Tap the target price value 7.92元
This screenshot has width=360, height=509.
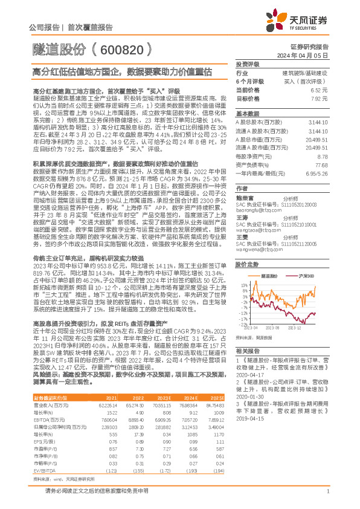(x=320, y=97)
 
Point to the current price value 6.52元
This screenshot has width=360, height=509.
(x=320, y=89)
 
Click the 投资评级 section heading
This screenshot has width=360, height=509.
(x=248, y=63)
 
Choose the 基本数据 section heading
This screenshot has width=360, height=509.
(x=248, y=113)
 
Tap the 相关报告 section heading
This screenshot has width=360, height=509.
(x=248, y=351)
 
